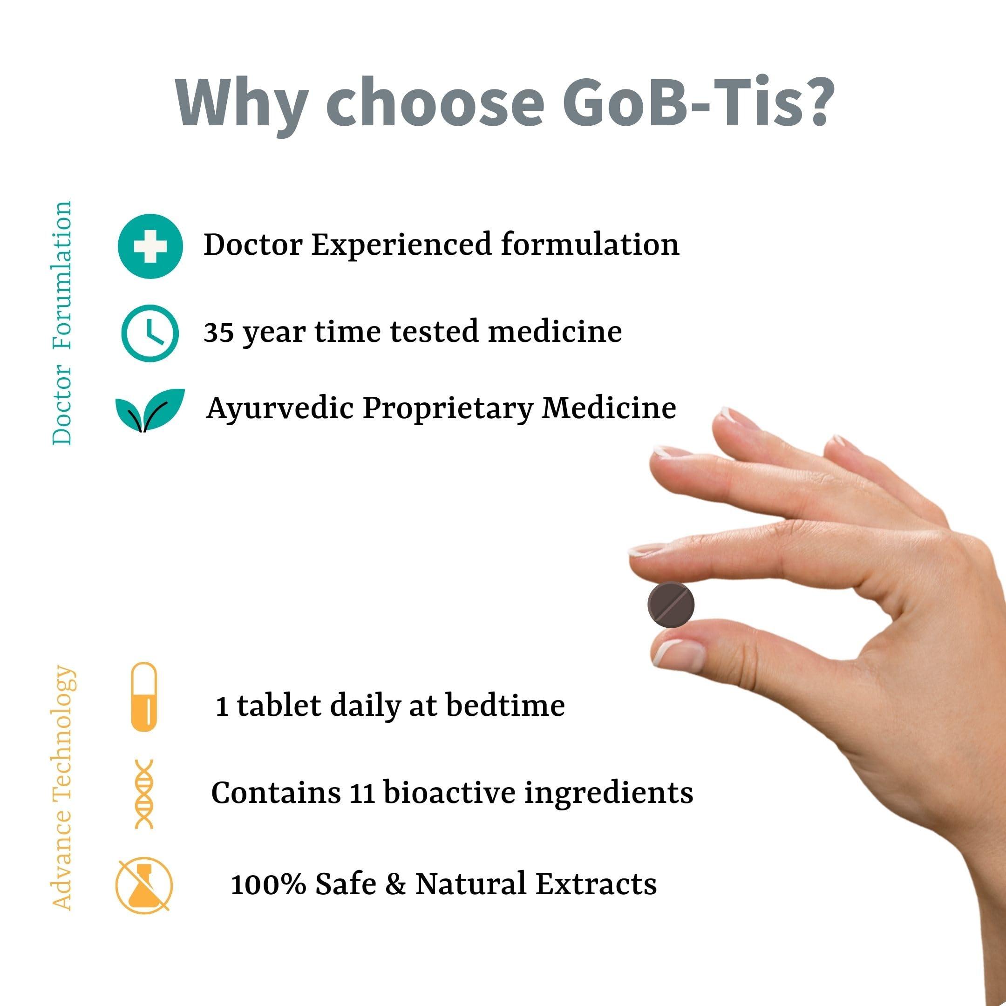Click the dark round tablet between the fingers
pos(671,604)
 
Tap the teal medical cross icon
pos(150,246)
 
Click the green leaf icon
pos(150,410)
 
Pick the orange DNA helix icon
pos(144,794)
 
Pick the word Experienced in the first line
pos(401,245)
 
